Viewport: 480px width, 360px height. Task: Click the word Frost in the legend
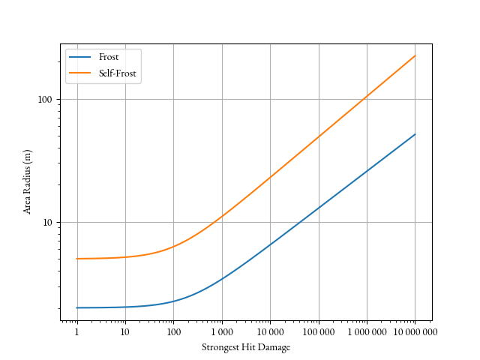click(109, 58)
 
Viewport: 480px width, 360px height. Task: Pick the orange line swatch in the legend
click(79, 73)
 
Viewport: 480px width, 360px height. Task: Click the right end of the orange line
click(415, 56)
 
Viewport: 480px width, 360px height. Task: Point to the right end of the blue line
click(415, 134)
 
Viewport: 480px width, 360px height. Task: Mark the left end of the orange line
click(77, 258)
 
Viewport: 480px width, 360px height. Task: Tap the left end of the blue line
click(77, 307)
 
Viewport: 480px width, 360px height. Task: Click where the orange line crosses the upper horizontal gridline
click(364, 99)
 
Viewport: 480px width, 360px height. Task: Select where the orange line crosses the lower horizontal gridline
click(217, 222)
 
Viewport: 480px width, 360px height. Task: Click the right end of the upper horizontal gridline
click(431, 99)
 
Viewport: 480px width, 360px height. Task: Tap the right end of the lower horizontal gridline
click(431, 222)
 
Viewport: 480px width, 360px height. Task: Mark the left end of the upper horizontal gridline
click(61, 99)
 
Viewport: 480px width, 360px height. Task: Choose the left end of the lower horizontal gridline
click(61, 222)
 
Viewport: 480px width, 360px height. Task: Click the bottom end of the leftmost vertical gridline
click(77, 319)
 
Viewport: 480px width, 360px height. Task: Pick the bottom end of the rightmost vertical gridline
click(415, 319)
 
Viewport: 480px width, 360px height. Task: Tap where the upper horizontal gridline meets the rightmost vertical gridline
click(415, 99)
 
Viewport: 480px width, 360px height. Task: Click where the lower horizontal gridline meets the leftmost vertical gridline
click(77, 222)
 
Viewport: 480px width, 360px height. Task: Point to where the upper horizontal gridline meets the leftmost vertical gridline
click(77, 99)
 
